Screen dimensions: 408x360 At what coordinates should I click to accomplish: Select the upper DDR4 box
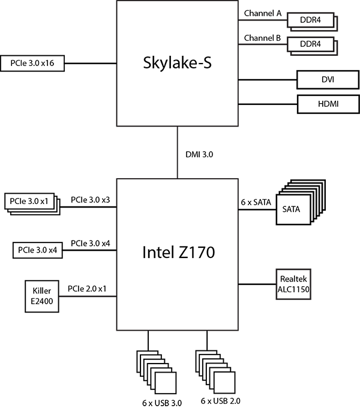(x=310, y=20)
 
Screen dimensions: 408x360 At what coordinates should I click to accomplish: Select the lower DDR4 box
(x=310, y=44)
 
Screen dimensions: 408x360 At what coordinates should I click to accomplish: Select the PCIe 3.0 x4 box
(x=38, y=250)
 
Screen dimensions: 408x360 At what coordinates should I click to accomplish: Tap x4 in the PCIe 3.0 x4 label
(x=53, y=250)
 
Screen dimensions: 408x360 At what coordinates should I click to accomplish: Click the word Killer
(x=42, y=290)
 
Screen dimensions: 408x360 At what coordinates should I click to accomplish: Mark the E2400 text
(x=42, y=301)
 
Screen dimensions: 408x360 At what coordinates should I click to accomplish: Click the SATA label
(x=291, y=209)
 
